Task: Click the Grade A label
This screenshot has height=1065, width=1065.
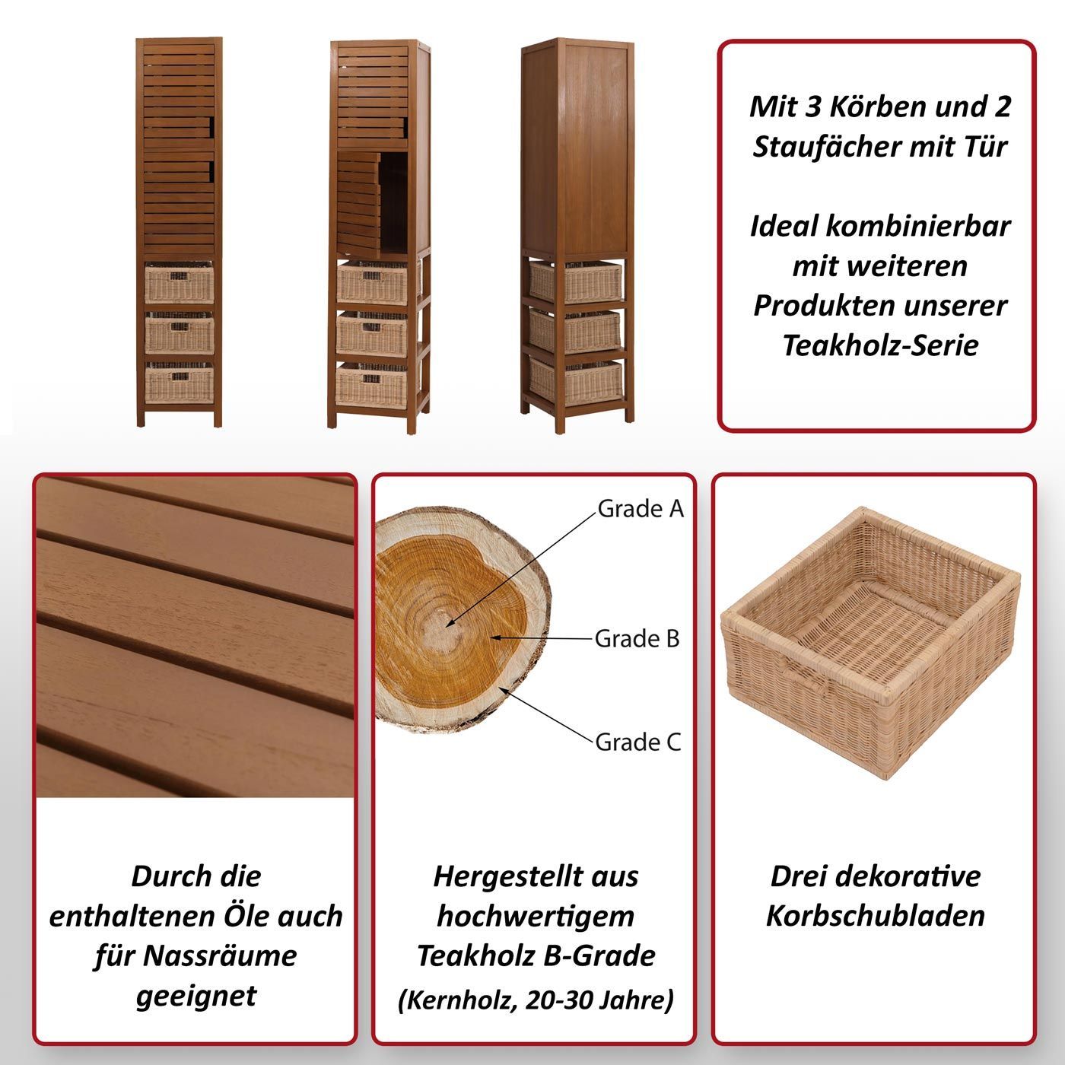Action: coord(641,509)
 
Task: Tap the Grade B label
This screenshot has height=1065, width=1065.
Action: coord(637,639)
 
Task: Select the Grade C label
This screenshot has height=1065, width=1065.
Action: coord(637,742)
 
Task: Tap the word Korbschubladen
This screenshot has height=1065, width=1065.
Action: coord(876,916)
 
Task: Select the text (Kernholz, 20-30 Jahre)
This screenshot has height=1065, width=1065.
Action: coord(536,1000)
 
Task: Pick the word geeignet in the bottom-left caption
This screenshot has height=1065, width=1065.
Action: coord(196,997)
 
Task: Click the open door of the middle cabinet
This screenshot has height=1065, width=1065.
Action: coord(358,205)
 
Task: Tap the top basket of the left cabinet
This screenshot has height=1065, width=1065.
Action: coord(179,282)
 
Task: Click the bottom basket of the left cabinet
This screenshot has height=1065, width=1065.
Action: coord(179,383)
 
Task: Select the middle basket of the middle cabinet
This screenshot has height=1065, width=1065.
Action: coord(372,333)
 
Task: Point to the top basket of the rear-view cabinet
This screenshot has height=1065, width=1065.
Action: coord(575,282)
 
